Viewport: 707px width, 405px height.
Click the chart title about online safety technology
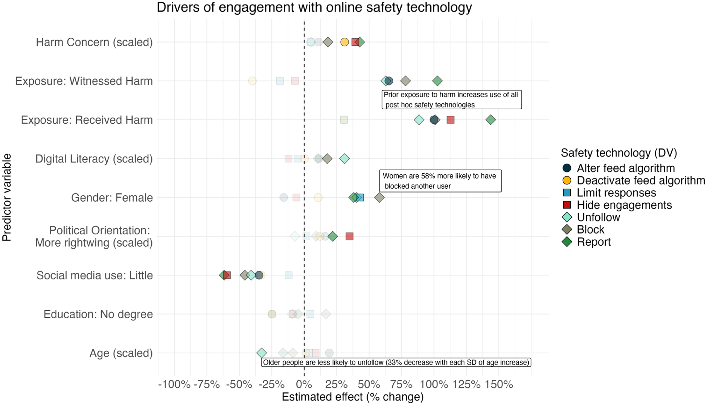tap(314, 8)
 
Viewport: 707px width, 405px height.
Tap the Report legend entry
tap(586, 242)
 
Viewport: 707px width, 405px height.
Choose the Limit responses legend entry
tap(609, 193)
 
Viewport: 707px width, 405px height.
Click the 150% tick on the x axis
tap(498, 385)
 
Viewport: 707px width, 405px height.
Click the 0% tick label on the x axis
tap(304, 385)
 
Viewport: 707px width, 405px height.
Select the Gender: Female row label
tap(112, 198)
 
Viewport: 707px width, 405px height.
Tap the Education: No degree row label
tap(98, 314)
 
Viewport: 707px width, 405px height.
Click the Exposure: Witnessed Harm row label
tap(84, 81)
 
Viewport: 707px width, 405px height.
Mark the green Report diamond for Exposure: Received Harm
tap(491, 120)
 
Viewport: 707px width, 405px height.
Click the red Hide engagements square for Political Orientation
tap(349, 236)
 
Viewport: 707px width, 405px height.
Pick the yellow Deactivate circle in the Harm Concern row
tap(344, 42)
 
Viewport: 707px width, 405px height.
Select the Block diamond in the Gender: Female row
tap(379, 197)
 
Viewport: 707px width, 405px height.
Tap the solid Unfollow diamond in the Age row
tap(261, 353)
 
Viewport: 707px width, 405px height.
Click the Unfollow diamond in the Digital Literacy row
tap(344, 159)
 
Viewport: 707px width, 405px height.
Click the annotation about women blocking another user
tap(440, 181)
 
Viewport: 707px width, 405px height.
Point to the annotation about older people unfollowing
tap(396, 362)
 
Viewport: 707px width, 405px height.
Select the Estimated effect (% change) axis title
tap(353, 397)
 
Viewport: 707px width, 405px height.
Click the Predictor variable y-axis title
tap(7, 197)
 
